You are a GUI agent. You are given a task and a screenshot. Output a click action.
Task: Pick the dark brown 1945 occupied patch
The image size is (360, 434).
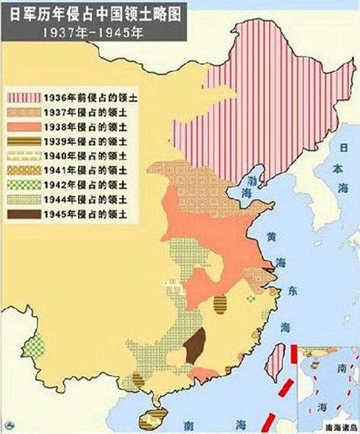(x=194, y=346)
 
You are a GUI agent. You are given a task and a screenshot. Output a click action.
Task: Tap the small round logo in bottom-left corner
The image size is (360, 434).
(x=8, y=425)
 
